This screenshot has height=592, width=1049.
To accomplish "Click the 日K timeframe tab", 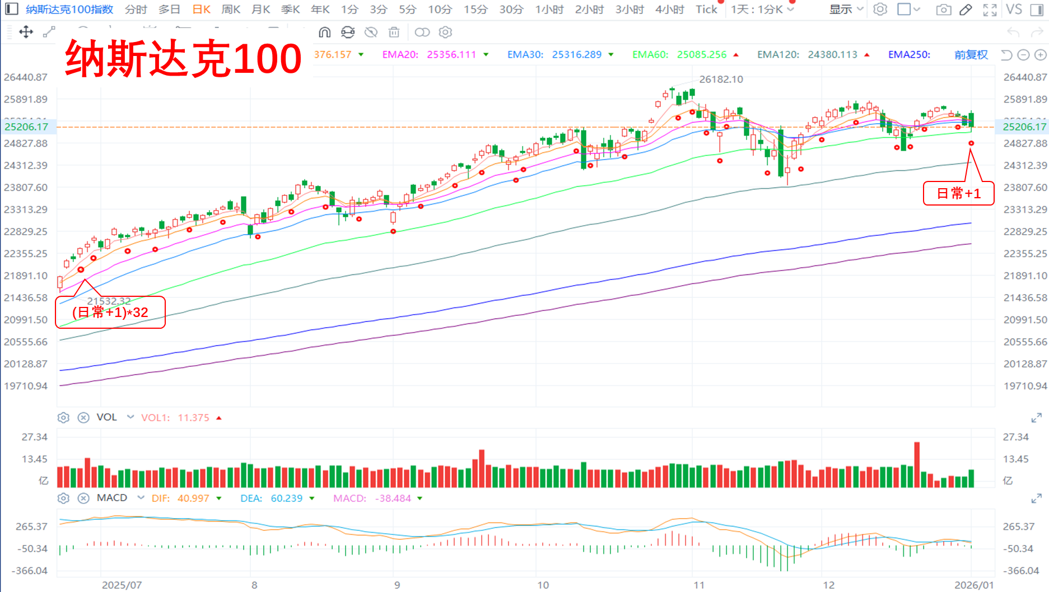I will [201, 10].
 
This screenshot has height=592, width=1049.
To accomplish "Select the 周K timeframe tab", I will [231, 10].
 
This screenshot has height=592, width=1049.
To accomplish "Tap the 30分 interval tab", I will [511, 10].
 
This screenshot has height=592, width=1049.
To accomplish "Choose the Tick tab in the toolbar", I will [706, 10].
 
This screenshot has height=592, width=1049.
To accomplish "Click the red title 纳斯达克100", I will [184, 58].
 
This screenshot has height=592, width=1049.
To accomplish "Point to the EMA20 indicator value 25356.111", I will [451, 55].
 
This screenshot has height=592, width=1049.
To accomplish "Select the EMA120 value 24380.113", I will [832, 55].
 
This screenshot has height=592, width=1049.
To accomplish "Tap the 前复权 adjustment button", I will [971, 55].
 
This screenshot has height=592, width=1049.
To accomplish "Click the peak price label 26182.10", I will [721, 80].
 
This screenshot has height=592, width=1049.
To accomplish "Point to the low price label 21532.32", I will [109, 301].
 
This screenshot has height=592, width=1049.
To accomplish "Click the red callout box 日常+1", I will [958, 194].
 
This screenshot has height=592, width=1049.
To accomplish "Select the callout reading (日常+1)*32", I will [110, 313].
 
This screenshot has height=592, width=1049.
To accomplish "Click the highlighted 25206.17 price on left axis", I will [26, 127].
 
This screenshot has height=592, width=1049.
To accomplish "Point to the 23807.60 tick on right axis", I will [1025, 188].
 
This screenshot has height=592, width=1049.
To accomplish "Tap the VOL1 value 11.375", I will [193, 418].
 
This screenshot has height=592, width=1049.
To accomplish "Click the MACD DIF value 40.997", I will [193, 498].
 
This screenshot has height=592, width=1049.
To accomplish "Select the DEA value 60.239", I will [286, 498].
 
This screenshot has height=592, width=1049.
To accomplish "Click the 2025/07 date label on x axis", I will [122, 585].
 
